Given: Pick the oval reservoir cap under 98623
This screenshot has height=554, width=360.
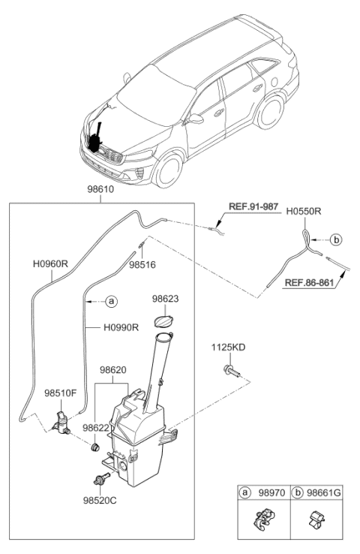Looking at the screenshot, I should point(162,321).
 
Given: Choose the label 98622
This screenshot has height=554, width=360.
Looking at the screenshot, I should point(96,427).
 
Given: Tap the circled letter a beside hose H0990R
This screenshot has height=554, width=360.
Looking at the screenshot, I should point(111,301).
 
